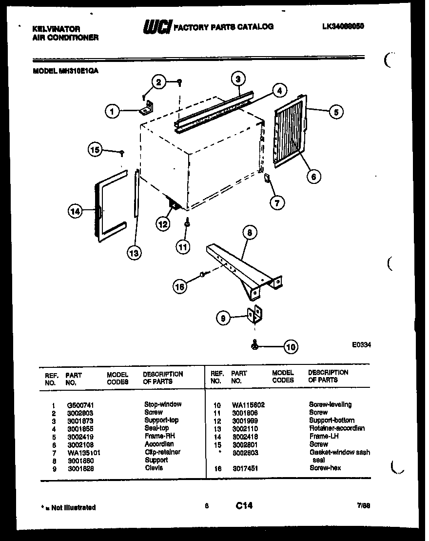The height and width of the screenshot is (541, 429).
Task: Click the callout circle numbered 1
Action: [112, 112]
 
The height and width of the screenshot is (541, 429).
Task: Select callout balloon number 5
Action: [335, 112]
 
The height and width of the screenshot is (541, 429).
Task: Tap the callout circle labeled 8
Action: [249, 233]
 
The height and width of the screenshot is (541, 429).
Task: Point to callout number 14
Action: [75, 211]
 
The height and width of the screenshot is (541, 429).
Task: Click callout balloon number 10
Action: [291, 347]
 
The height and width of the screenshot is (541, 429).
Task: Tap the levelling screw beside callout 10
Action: [255, 345]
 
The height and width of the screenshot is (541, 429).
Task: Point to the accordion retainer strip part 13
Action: [136, 195]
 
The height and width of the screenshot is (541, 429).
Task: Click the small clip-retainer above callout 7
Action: [267, 180]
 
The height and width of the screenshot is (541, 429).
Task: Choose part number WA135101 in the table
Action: [84, 452]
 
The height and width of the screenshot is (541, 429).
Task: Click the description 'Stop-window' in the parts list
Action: [163, 404]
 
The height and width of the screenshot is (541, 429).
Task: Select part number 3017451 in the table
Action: [245, 468]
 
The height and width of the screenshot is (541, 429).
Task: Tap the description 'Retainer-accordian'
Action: [336, 428]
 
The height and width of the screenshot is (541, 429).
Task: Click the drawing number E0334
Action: [361, 344]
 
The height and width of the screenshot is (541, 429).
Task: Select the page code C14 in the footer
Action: [244, 506]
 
